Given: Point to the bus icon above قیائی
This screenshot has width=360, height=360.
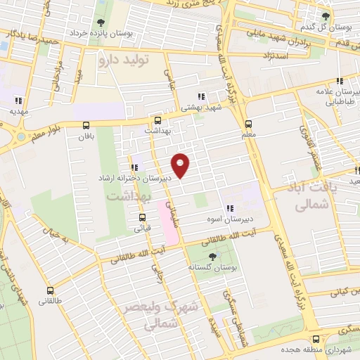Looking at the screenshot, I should [142, 217].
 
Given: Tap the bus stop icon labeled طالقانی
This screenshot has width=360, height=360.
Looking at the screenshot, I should [49, 290].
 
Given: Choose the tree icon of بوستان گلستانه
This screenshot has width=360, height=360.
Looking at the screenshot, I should [213, 257].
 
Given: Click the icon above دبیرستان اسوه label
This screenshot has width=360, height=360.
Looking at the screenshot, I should [229, 208].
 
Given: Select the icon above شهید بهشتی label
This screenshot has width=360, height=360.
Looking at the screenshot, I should [201, 96].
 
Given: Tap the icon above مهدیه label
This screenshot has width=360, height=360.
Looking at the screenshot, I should [18, 100].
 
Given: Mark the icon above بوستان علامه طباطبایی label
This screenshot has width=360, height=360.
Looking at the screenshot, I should [340, 82].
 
